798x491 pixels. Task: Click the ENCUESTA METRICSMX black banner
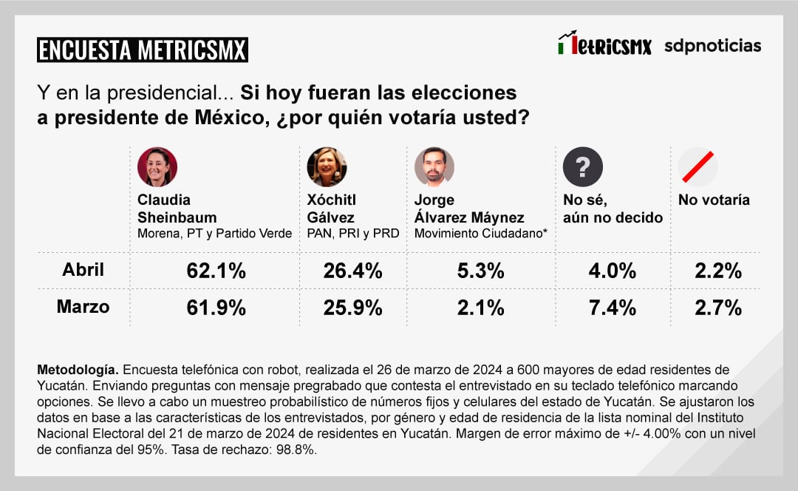tap(142, 50)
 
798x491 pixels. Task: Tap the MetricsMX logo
tap(604, 44)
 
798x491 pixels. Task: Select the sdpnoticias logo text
tap(712, 46)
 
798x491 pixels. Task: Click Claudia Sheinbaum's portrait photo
tap(157, 166)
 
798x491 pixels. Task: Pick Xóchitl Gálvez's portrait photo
tap(327, 166)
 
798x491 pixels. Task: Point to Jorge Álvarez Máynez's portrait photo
tap(434, 166)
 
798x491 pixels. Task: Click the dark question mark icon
tap(583, 166)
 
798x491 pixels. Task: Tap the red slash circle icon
tap(698, 166)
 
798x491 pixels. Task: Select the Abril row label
tap(83, 271)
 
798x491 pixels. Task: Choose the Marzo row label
tap(83, 307)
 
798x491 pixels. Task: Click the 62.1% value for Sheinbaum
tap(216, 271)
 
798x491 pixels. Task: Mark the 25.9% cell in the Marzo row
tap(352, 308)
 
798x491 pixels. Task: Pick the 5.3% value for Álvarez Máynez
tap(480, 271)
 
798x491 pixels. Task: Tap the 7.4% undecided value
tap(612, 308)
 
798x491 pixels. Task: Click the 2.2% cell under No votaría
tap(718, 271)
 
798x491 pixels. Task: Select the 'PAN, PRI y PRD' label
tap(353, 234)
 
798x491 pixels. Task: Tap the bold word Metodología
tap(77, 369)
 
